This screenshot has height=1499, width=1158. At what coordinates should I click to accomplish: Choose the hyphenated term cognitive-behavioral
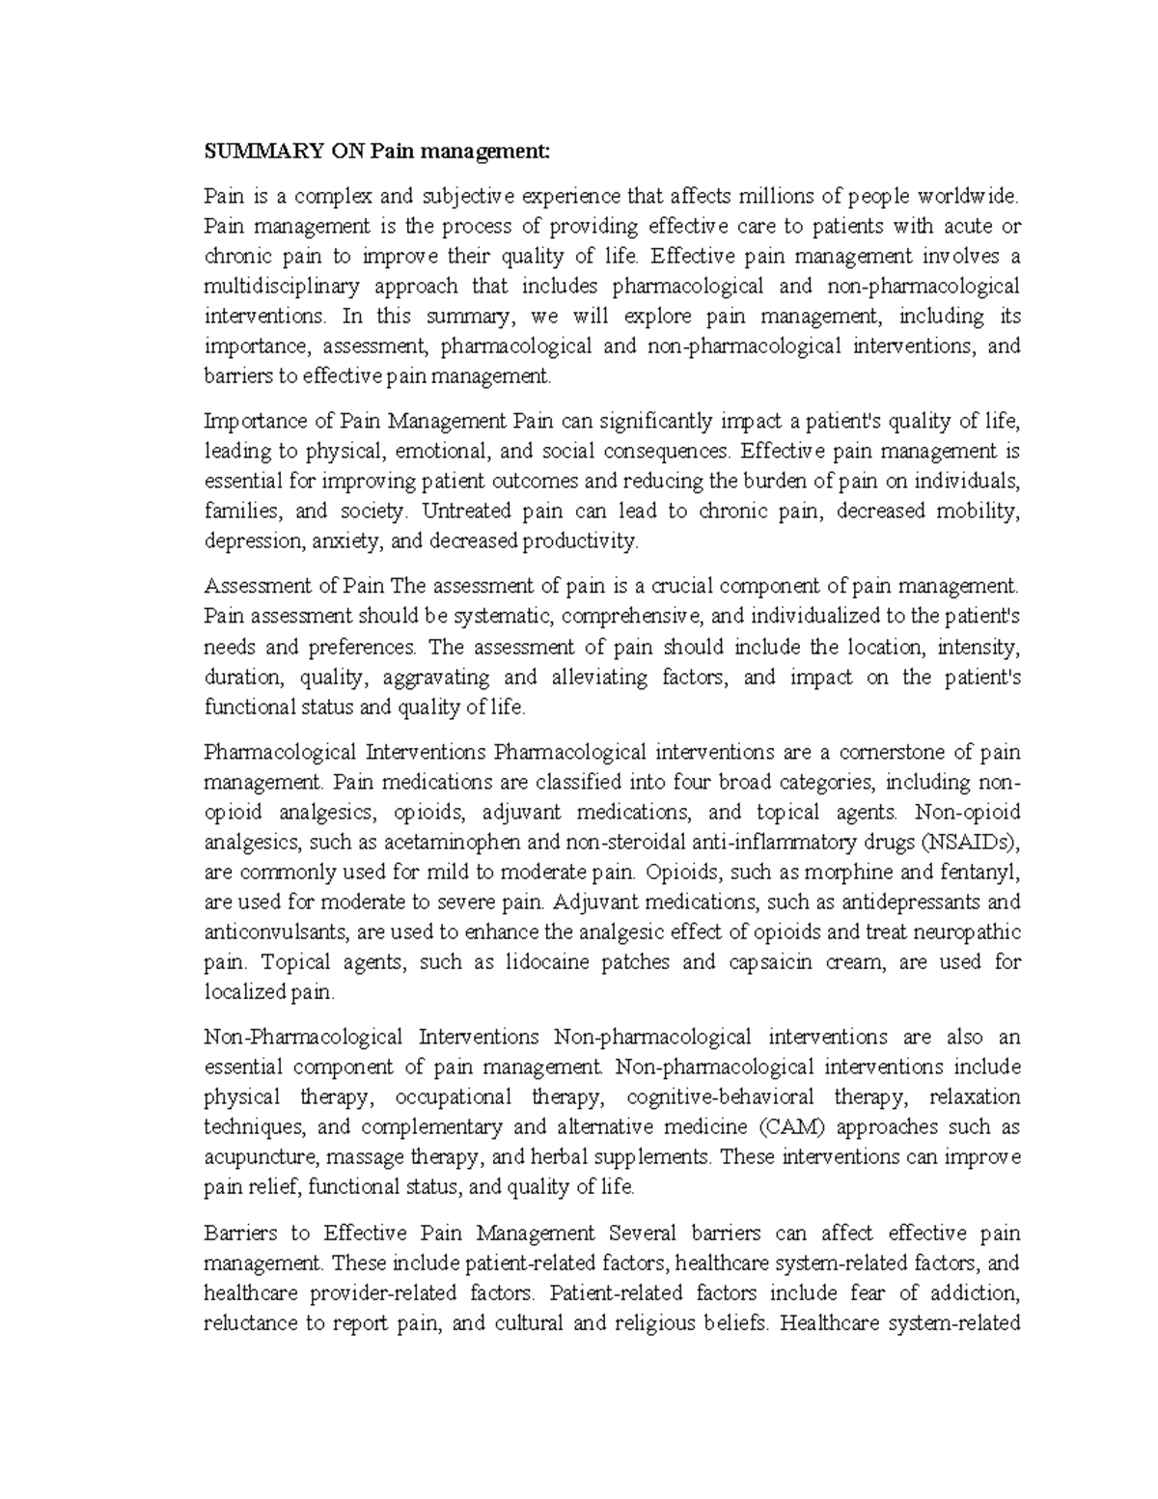coord(719,1097)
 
